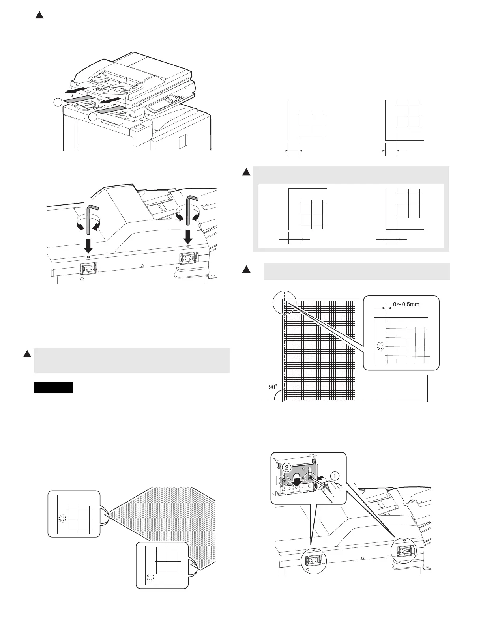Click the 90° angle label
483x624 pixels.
273,387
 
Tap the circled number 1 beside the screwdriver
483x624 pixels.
334,476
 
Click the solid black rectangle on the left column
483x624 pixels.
53,388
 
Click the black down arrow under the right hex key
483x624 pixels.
188,237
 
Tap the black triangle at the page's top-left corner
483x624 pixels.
39,15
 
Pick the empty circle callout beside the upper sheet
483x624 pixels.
58,103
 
